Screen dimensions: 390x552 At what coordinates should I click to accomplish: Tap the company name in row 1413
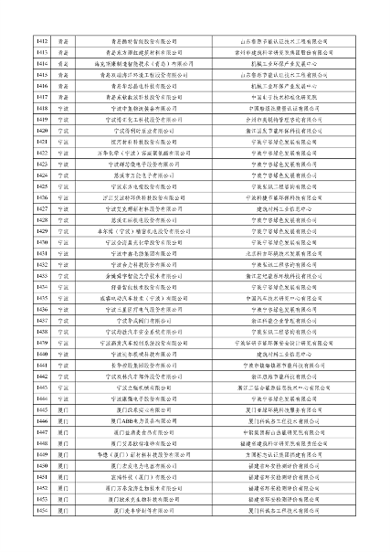point(147,52)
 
